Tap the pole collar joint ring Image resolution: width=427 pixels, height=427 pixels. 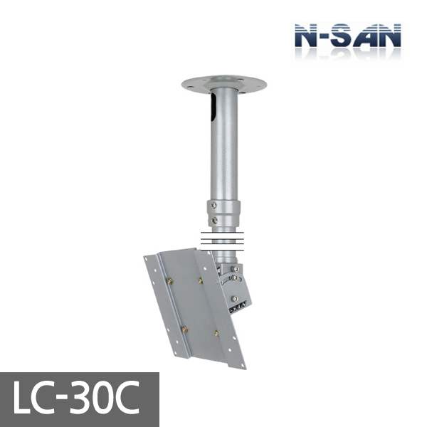(x=224, y=212)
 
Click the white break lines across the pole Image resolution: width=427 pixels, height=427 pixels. (x=224, y=241)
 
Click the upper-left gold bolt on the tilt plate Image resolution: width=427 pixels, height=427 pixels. (x=170, y=283)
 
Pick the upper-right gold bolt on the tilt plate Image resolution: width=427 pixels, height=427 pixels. (x=201, y=280)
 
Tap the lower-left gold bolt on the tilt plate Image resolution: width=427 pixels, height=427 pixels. (x=184, y=329)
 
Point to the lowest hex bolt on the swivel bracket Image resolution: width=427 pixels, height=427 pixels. (x=233, y=300)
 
